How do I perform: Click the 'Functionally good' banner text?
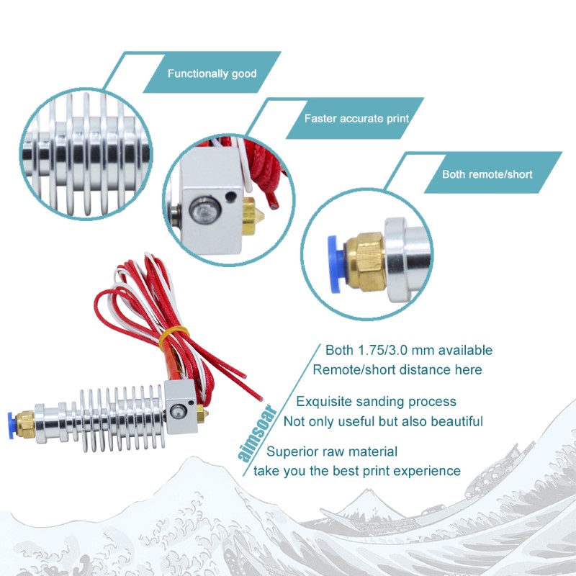212,74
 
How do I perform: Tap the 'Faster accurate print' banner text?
356,119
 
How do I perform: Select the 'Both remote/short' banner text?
487,174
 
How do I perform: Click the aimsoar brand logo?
257,433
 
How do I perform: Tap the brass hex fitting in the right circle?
365,261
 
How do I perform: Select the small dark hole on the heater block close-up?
230,196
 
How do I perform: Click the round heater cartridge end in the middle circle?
204,211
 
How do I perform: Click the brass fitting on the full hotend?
26,425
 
